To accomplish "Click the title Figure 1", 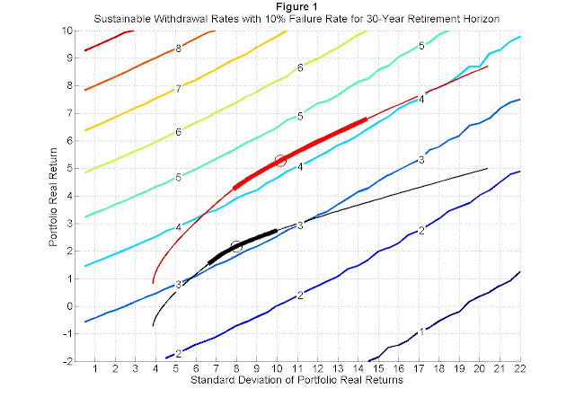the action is pyautogui.click(x=296, y=6).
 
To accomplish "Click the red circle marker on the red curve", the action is pyautogui.click(x=280, y=160).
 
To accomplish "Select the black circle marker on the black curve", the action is pyautogui.click(x=236, y=246).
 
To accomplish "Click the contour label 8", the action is pyautogui.click(x=178, y=49).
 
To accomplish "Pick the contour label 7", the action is pyautogui.click(x=178, y=89).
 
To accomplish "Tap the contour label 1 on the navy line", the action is pyautogui.click(x=421, y=332).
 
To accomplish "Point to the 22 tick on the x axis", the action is pyautogui.click(x=519, y=368).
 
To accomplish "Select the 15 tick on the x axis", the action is pyautogui.click(x=378, y=368).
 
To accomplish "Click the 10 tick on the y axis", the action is pyautogui.click(x=68, y=31).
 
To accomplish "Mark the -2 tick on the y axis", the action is pyautogui.click(x=68, y=362).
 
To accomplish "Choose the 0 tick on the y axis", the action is pyautogui.click(x=70, y=306).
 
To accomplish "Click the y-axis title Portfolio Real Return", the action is pyautogui.click(x=53, y=198).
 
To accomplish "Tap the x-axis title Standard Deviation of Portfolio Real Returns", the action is pyautogui.click(x=296, y=380).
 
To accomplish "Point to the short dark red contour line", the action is pyautogui.click(x=110, y=40).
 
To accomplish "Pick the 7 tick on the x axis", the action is pyautogui.click(x=217, y=368).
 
